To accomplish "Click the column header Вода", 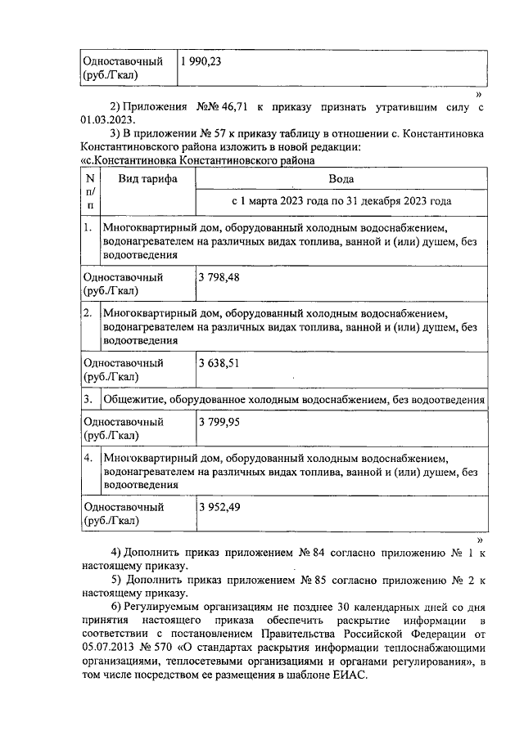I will [341, 178].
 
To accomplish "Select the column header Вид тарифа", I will [147, 178].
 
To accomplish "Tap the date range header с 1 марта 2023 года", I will [341, 201].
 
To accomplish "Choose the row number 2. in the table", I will [88, 313].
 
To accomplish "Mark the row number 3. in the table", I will [88, 399].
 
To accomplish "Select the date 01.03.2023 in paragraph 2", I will [107, 119].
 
